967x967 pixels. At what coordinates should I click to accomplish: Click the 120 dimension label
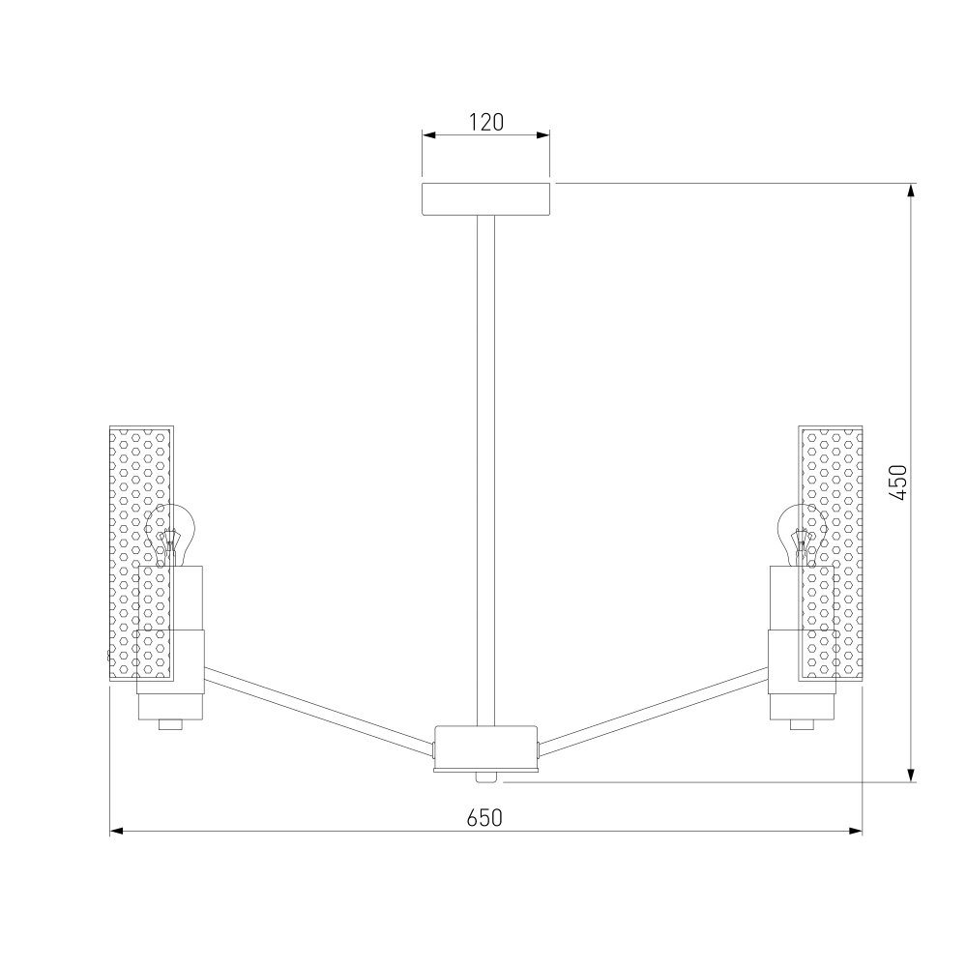click(x=486, y=122)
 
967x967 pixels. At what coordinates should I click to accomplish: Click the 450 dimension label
click(x=898, y=483)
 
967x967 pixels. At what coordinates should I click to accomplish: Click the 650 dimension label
click(x=484, y=818)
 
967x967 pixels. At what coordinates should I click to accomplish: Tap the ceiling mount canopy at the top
click(x=486, y=198)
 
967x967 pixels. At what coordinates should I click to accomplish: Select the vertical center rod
click(x=485, y=471)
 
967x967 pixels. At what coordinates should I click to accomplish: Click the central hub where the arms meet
click(x=486, y=748)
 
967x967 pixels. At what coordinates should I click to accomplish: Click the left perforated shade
click(x=141, y=553)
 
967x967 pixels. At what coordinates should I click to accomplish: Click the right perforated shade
click(x=830, y=553)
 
